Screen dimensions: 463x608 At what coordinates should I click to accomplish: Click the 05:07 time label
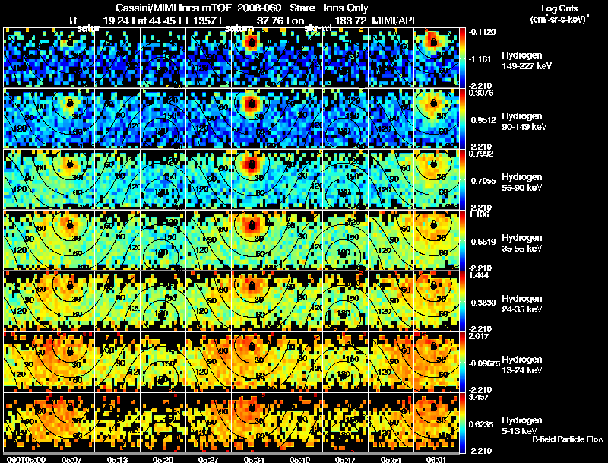pos(71,459)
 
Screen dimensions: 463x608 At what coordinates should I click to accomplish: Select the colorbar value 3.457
pos(480,398)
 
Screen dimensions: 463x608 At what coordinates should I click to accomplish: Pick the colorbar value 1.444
pos(480,276)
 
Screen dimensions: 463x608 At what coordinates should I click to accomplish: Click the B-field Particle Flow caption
pos(568,439)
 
